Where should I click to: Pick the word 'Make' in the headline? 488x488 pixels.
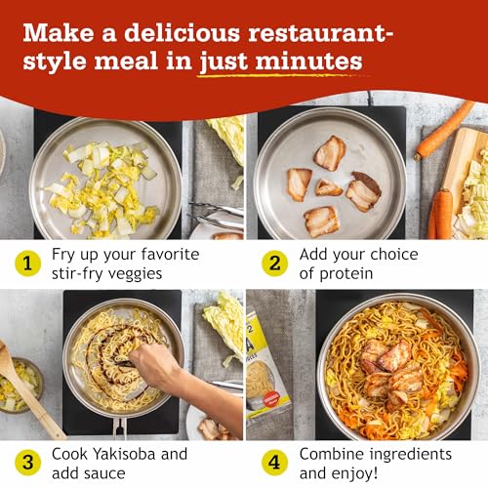tap(54, 31)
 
